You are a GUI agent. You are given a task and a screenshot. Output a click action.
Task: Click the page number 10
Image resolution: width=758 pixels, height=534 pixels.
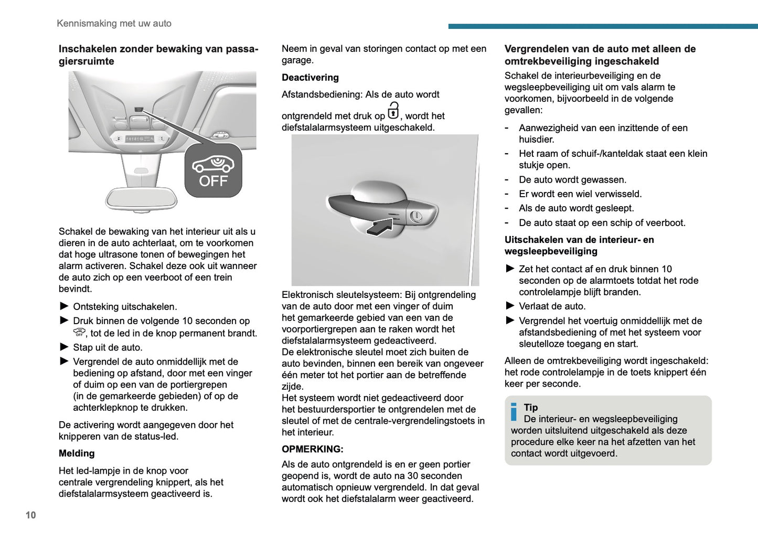coord(31,515)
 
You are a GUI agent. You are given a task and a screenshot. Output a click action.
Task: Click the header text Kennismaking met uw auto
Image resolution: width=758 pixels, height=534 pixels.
coord(114,24)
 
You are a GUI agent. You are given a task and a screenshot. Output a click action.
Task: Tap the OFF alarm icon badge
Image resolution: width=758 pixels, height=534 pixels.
coord(213,171)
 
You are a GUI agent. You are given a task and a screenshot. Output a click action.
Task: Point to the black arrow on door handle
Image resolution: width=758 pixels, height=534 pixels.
coord(379,227)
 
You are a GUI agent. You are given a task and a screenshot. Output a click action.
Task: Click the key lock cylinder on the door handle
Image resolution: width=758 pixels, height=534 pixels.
coord(415,216)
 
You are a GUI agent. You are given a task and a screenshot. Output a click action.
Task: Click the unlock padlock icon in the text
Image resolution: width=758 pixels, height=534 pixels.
coord(393,111)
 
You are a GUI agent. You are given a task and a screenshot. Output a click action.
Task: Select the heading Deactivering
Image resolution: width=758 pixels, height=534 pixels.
coord(310,78)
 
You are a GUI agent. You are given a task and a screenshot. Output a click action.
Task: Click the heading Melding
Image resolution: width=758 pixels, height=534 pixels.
coord(77,453)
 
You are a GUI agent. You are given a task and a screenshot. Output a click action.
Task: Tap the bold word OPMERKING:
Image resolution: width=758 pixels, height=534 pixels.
coord(312,449)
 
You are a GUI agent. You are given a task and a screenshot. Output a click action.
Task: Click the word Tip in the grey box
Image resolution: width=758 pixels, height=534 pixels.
coord(531,407)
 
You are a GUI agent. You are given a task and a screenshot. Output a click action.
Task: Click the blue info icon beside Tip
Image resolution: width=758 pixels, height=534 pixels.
coord(514,412)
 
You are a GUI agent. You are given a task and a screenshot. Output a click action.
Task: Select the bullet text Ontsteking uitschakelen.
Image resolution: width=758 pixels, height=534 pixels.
coord(125,306)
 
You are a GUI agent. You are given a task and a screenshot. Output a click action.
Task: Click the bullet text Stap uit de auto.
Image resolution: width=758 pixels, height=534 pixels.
coord(108,347)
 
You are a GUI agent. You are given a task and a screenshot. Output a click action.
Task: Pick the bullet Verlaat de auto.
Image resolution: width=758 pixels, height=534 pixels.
coord(552,306)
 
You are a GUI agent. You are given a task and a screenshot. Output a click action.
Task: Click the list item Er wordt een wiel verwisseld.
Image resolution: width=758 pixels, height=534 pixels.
coord(580,194)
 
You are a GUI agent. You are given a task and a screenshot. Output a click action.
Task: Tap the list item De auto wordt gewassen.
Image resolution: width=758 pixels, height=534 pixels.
coord(572,180)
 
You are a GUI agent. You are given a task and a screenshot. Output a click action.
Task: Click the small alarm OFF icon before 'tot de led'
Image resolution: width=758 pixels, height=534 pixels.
coord(79,333)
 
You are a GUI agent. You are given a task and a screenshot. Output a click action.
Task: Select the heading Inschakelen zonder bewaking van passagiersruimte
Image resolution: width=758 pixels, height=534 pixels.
coord(158,55)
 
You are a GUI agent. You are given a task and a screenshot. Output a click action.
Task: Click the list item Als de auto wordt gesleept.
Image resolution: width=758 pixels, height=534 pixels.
coord(576,208)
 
